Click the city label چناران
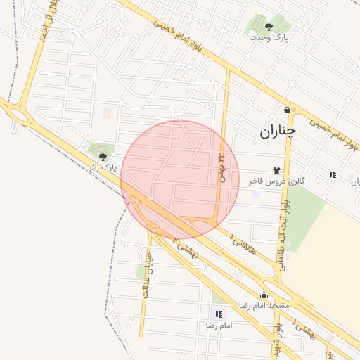click(278, 131)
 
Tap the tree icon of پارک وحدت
click(269, 27)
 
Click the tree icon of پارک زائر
click(103, 156)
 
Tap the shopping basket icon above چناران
click(287, 110)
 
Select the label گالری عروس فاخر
click(276, 181)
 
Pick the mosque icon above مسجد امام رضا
click(264, 295)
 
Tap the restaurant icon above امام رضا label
click(219, 314)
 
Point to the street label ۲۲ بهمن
click(221, 169)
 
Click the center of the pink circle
click(180, 180)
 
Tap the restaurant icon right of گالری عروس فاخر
click(332, 174)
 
